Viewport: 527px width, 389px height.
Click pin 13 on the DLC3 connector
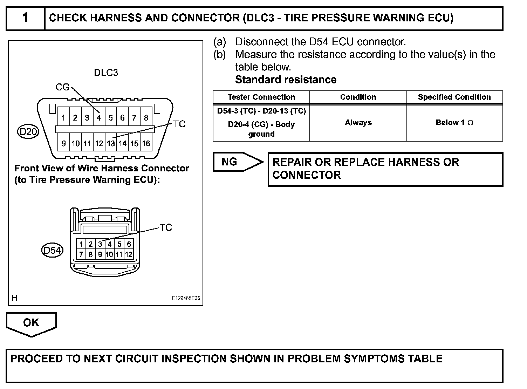click(111, 143)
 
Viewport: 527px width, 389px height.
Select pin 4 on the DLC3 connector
click(99, 118)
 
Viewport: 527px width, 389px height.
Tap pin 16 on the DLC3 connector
click(146, 143)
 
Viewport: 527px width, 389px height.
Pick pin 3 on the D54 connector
click(100, 244)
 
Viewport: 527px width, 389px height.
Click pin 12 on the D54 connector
click(129, 255)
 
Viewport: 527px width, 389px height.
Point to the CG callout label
click(62, 87)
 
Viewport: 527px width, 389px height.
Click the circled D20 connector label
click(28, 132)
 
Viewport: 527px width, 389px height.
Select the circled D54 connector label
click(52, 251)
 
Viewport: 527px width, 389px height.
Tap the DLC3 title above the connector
click(106, 73)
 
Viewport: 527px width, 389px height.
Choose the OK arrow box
click(31, 323)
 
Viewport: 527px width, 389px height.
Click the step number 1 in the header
click(26, 18)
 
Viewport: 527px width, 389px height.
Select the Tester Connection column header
click(261, 97)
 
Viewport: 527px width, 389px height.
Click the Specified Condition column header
click(454, 97)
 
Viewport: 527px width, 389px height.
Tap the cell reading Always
click(358, 123)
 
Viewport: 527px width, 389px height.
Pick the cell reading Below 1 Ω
click(454, 123)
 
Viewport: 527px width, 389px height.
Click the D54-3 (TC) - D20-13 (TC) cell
click(261, 111)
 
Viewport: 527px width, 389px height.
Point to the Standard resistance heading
click(286, 80)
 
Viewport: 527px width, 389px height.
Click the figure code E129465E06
click(186, 298)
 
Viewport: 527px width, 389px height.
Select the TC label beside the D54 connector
click(166, 227)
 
